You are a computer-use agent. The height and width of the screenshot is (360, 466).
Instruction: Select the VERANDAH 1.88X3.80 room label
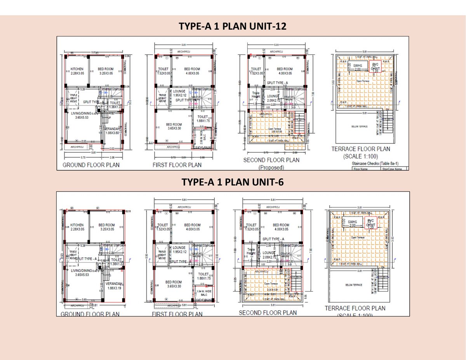pos(114,130)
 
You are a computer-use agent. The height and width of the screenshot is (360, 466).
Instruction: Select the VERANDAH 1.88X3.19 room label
pos(114,286)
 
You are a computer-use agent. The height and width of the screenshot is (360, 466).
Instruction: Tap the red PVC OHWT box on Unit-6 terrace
pos(371,224)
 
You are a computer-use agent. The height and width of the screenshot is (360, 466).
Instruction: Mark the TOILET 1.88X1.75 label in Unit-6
pos(203,276)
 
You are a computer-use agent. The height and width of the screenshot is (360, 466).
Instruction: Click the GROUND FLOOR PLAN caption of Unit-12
pos(91,165)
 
